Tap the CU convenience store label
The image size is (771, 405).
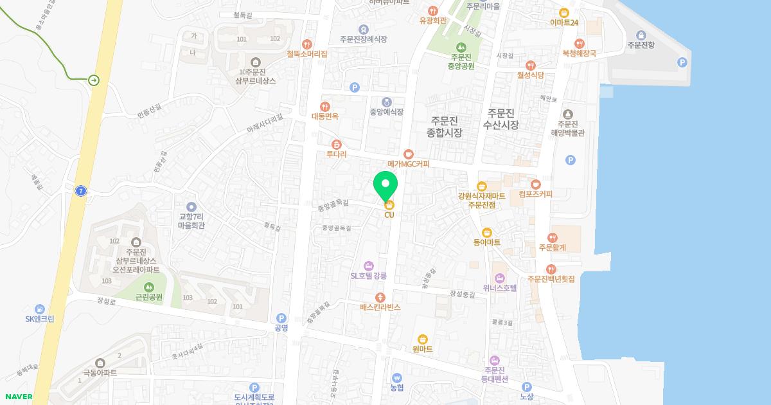coord(389,215)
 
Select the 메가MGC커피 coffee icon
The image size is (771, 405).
coord(408,154)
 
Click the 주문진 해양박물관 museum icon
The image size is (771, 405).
coord(567,114)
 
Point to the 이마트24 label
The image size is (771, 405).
coord(564,22)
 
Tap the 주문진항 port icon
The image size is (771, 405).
coord(641,35)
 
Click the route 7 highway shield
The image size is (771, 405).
coord(80,191)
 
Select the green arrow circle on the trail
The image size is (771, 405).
coord(94,80)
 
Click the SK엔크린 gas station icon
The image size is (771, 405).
coord(40,309)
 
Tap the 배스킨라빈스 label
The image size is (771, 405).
coord(380,307)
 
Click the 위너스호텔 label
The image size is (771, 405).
coord(500,288)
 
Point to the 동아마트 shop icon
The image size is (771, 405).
coord(486,232)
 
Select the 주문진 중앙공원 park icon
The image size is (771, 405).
coord(461,47)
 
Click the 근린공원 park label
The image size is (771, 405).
coord(149,298)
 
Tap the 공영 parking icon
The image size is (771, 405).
coord(281,318)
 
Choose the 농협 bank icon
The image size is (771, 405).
coord(396,377)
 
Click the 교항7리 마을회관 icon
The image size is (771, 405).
coord(191,206)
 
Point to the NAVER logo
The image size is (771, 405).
coord(17,397)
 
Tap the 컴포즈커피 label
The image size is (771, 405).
coord(535,194)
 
